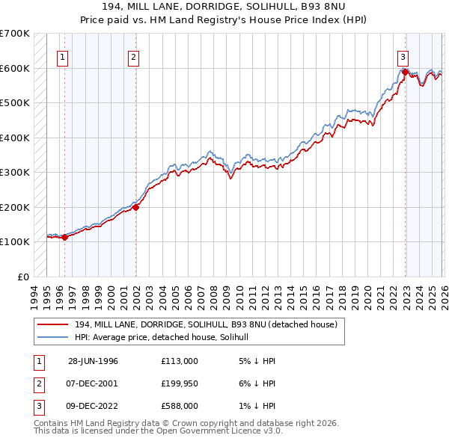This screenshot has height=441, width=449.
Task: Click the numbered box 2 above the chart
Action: click(x=133, y=57)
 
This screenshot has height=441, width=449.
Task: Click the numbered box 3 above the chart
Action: click(x=403, y=57)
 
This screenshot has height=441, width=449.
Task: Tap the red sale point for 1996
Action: click(x=64, y=238)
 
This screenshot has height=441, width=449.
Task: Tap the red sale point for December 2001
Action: click(x=136, y=208)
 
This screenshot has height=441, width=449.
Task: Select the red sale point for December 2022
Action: click(x=406, y=73)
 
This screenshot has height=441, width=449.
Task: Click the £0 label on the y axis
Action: click(x=23, y=277)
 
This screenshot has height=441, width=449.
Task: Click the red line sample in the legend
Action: click(x=52, y=324)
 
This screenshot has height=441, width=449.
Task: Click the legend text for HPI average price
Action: click(x=166, y=337)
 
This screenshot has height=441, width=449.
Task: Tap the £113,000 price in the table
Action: click(x=179, y=361)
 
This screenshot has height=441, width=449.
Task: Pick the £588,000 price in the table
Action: click(x=179, y=406)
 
